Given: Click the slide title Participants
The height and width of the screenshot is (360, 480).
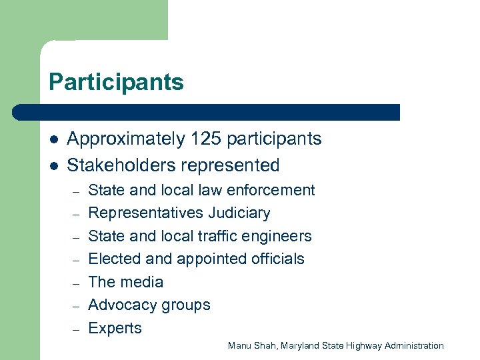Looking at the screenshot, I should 116,83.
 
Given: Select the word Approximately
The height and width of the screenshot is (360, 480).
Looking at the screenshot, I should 126,139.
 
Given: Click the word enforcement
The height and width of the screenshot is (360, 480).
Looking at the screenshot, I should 271,190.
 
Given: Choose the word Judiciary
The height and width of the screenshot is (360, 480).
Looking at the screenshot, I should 239,213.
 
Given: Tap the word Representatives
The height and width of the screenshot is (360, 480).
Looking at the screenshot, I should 145,213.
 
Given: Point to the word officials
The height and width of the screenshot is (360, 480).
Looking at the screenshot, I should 277,259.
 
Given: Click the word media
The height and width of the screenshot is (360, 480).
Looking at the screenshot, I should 142,282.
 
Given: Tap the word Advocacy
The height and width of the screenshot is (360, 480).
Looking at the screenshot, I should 120,305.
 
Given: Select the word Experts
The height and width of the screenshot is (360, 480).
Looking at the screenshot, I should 115,328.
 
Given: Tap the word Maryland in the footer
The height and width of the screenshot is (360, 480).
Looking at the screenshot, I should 299,345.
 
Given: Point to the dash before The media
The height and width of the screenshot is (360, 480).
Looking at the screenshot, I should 76,283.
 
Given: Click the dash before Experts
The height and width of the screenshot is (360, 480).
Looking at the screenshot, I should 76,329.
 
